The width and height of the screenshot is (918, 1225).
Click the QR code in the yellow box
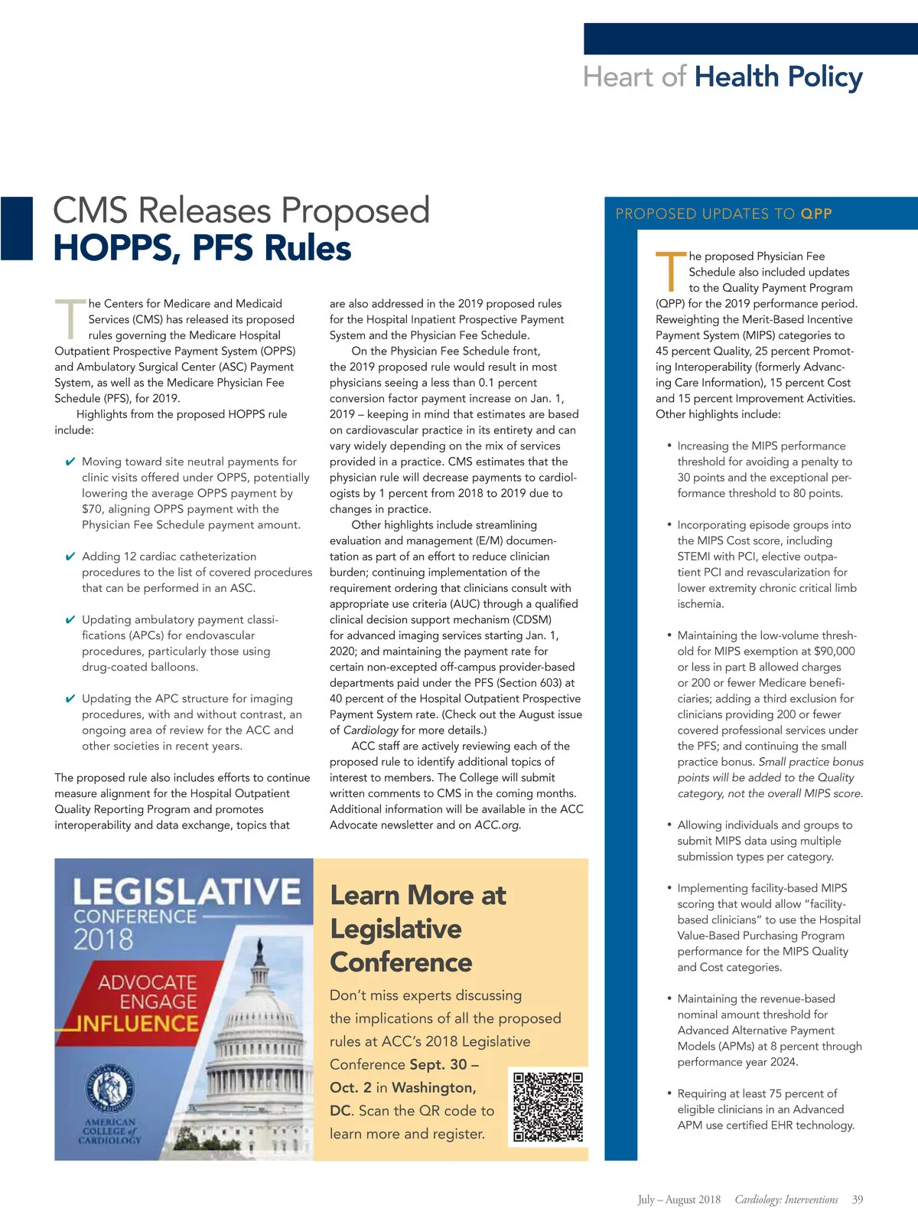pos(548,1106)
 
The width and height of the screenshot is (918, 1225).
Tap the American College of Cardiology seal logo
pos(109,1090)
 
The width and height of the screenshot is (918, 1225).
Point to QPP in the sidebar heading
pos(816,214)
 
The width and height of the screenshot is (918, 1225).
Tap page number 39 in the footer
pos(858,1200)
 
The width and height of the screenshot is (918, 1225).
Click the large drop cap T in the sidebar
pos(669,272)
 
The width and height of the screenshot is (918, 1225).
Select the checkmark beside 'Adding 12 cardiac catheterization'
pos(70,557)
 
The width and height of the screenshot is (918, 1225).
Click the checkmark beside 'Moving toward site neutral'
pos(70,462)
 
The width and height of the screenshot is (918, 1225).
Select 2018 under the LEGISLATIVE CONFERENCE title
pos(103,939)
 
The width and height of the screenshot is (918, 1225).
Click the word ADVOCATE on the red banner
pos(148,982)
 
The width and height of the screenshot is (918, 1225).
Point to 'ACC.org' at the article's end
pos(496,825)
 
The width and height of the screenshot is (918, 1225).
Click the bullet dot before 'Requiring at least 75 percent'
pos(669,1093)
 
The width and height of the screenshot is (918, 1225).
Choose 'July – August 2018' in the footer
pos(679,1200)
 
